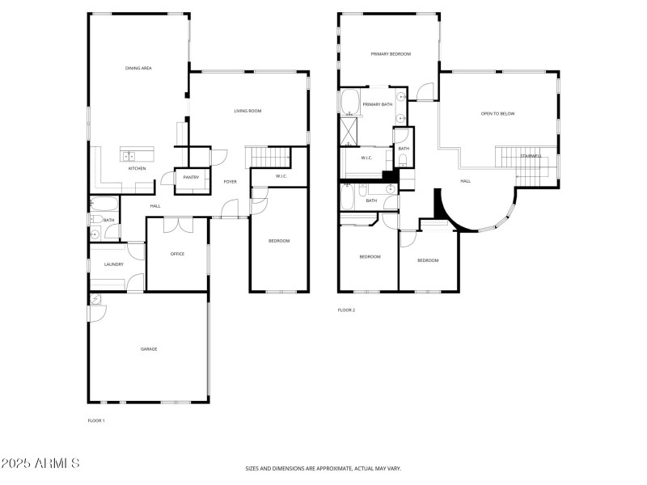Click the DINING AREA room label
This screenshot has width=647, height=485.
[138, 68]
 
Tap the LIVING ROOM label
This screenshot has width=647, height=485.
[247, 111]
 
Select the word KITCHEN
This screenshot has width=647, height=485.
[137, 168]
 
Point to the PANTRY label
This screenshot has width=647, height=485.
[191, 177]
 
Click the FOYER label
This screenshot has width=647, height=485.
[230, 182]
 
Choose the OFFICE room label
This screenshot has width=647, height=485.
[177, 254]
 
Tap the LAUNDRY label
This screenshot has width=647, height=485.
[113, 264]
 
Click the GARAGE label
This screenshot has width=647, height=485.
[149, 348]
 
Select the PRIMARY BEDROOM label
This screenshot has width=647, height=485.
[391, 54]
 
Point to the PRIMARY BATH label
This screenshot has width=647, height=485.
[377, 104]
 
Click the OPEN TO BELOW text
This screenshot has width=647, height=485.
[497, 114]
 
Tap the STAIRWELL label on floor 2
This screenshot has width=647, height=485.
[531, 156]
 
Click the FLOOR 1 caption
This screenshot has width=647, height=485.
[96, 420]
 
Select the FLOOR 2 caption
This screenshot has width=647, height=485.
[346, 310]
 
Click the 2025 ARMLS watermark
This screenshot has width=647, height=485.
[40, 464]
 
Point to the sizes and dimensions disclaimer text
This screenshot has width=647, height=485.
[323, 468]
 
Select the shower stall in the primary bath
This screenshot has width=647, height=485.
[351, 129]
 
